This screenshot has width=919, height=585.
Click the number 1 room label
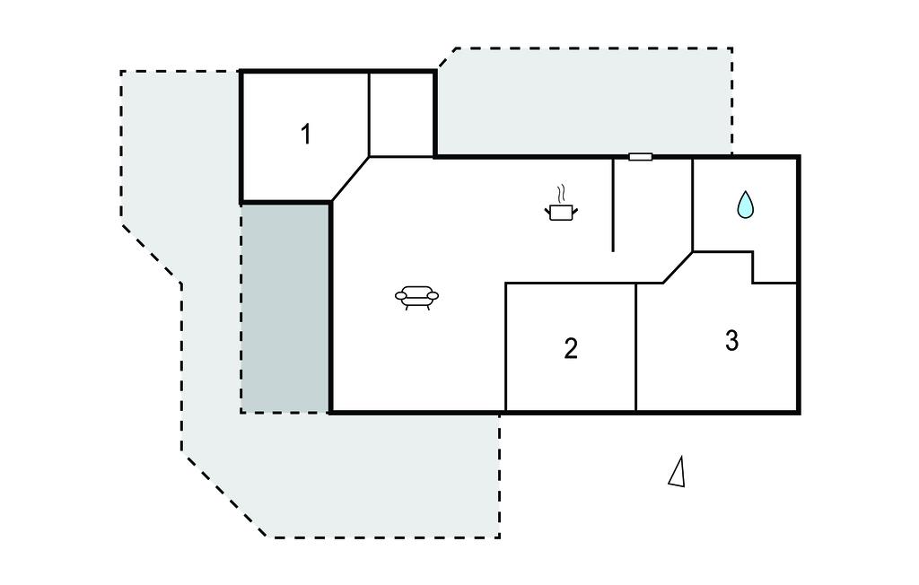click(x=305, y=135)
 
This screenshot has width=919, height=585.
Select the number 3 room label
click(x=731, y=341)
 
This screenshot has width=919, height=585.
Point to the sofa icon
click(x=416, y=297)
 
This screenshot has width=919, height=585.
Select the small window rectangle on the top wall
click(x=641, y=156)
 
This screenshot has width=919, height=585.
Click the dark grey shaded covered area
click(x=285, y=309)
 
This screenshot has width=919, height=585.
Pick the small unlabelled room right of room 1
click(x=401, y=115)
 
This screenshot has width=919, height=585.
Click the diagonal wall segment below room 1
click(x=351, y=179)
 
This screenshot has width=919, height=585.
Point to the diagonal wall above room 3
click(x=678, y=268)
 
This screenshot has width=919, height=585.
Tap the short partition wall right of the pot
click(x=613, y=205)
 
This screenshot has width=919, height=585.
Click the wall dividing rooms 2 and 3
click(x=636, y=347)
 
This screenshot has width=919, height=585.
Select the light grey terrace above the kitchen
click(x=584, y=102)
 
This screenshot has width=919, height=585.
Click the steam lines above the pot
click(x=562, y=194)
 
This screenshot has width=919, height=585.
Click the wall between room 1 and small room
click(x=369, y=115)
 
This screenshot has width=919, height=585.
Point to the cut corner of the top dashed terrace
click(x=447, y=57)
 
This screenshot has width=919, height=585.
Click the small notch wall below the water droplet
click(x=753, y=267)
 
